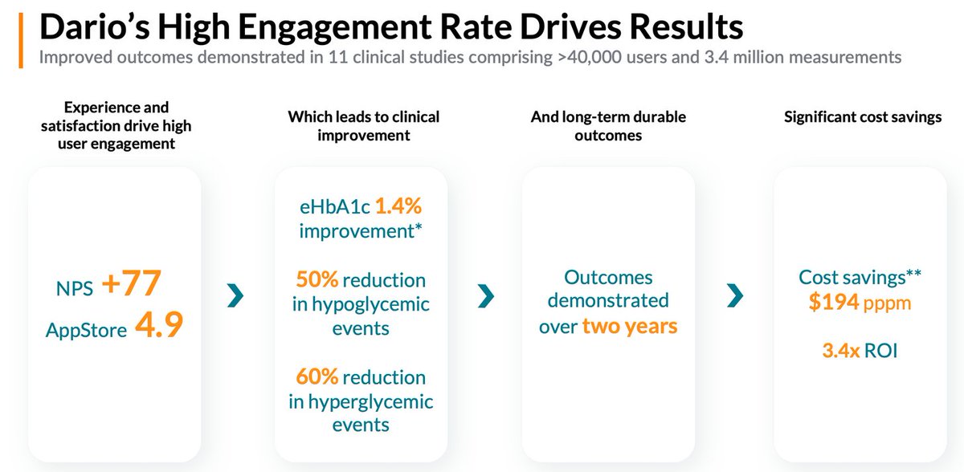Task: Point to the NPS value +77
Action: click(132, 284)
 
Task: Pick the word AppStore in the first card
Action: click(86, 328)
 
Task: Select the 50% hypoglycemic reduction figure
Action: click(315, 280)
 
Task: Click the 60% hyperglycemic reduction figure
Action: click(315, 376)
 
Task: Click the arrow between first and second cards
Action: click(235, 297)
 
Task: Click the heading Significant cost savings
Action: click(863, 117)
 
